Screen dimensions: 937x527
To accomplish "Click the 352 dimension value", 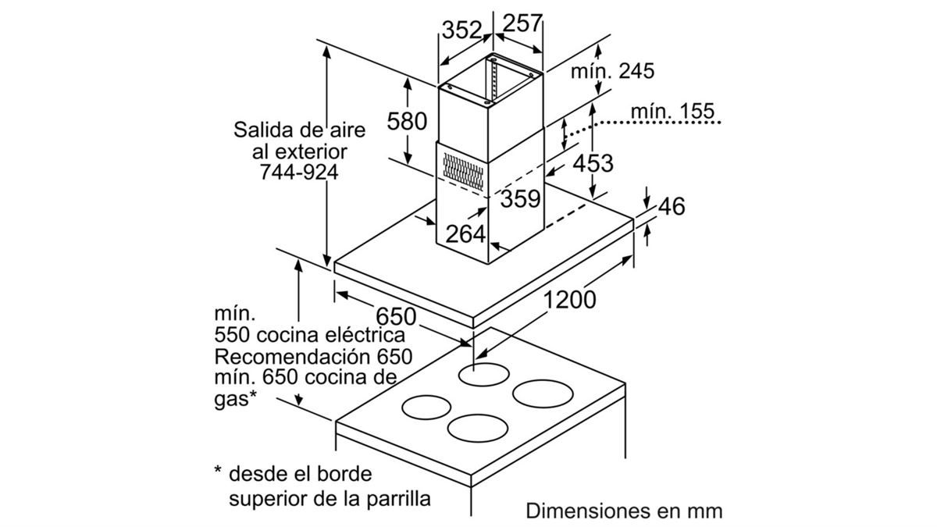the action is point(462,30).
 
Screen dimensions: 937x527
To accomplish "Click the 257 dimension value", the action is point(522,23).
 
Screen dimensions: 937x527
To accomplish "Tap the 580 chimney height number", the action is point(407,121).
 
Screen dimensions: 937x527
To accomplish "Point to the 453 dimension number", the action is point(593,163).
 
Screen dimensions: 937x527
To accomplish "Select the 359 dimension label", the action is point(521,198).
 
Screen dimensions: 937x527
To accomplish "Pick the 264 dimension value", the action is point(465,233).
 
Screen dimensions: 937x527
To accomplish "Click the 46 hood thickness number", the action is point(672,206).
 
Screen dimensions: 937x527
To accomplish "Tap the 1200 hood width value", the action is point(570,300).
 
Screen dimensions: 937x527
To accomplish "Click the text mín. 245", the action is point(612,71).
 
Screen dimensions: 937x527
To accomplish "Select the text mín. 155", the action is point(672,111).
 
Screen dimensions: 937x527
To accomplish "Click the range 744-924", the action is point(299,172).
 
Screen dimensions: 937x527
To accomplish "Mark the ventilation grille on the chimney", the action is point(463,172).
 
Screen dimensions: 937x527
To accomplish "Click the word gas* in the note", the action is point(235,398).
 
